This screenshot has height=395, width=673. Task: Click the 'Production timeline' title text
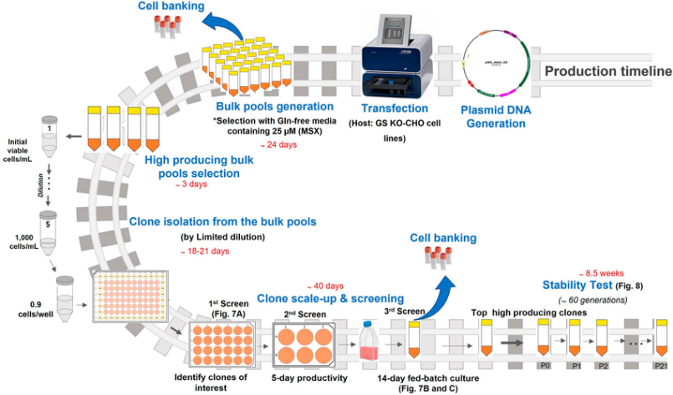608,71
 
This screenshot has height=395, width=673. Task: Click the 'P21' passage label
660,367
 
